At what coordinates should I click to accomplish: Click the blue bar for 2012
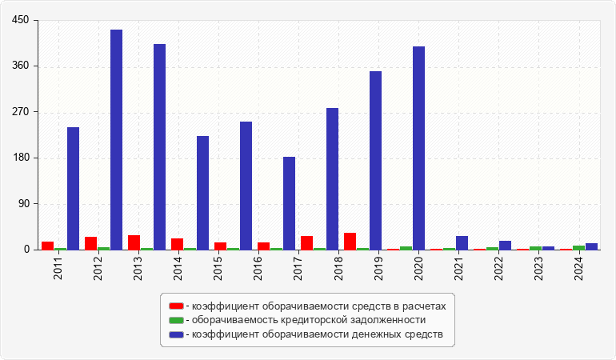point(116,139)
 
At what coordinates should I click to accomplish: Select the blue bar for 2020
point(418,148)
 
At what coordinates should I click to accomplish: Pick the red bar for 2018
point(350,242)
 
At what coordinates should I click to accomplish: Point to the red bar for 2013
point(134,242)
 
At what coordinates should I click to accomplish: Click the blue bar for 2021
point(462,242)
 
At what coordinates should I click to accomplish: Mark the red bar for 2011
point(47,246)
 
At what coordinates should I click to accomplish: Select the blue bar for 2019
point(375,160)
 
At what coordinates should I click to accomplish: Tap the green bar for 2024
point(578,247)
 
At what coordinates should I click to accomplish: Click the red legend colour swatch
point(176,306)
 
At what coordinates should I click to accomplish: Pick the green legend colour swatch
point(176,320)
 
